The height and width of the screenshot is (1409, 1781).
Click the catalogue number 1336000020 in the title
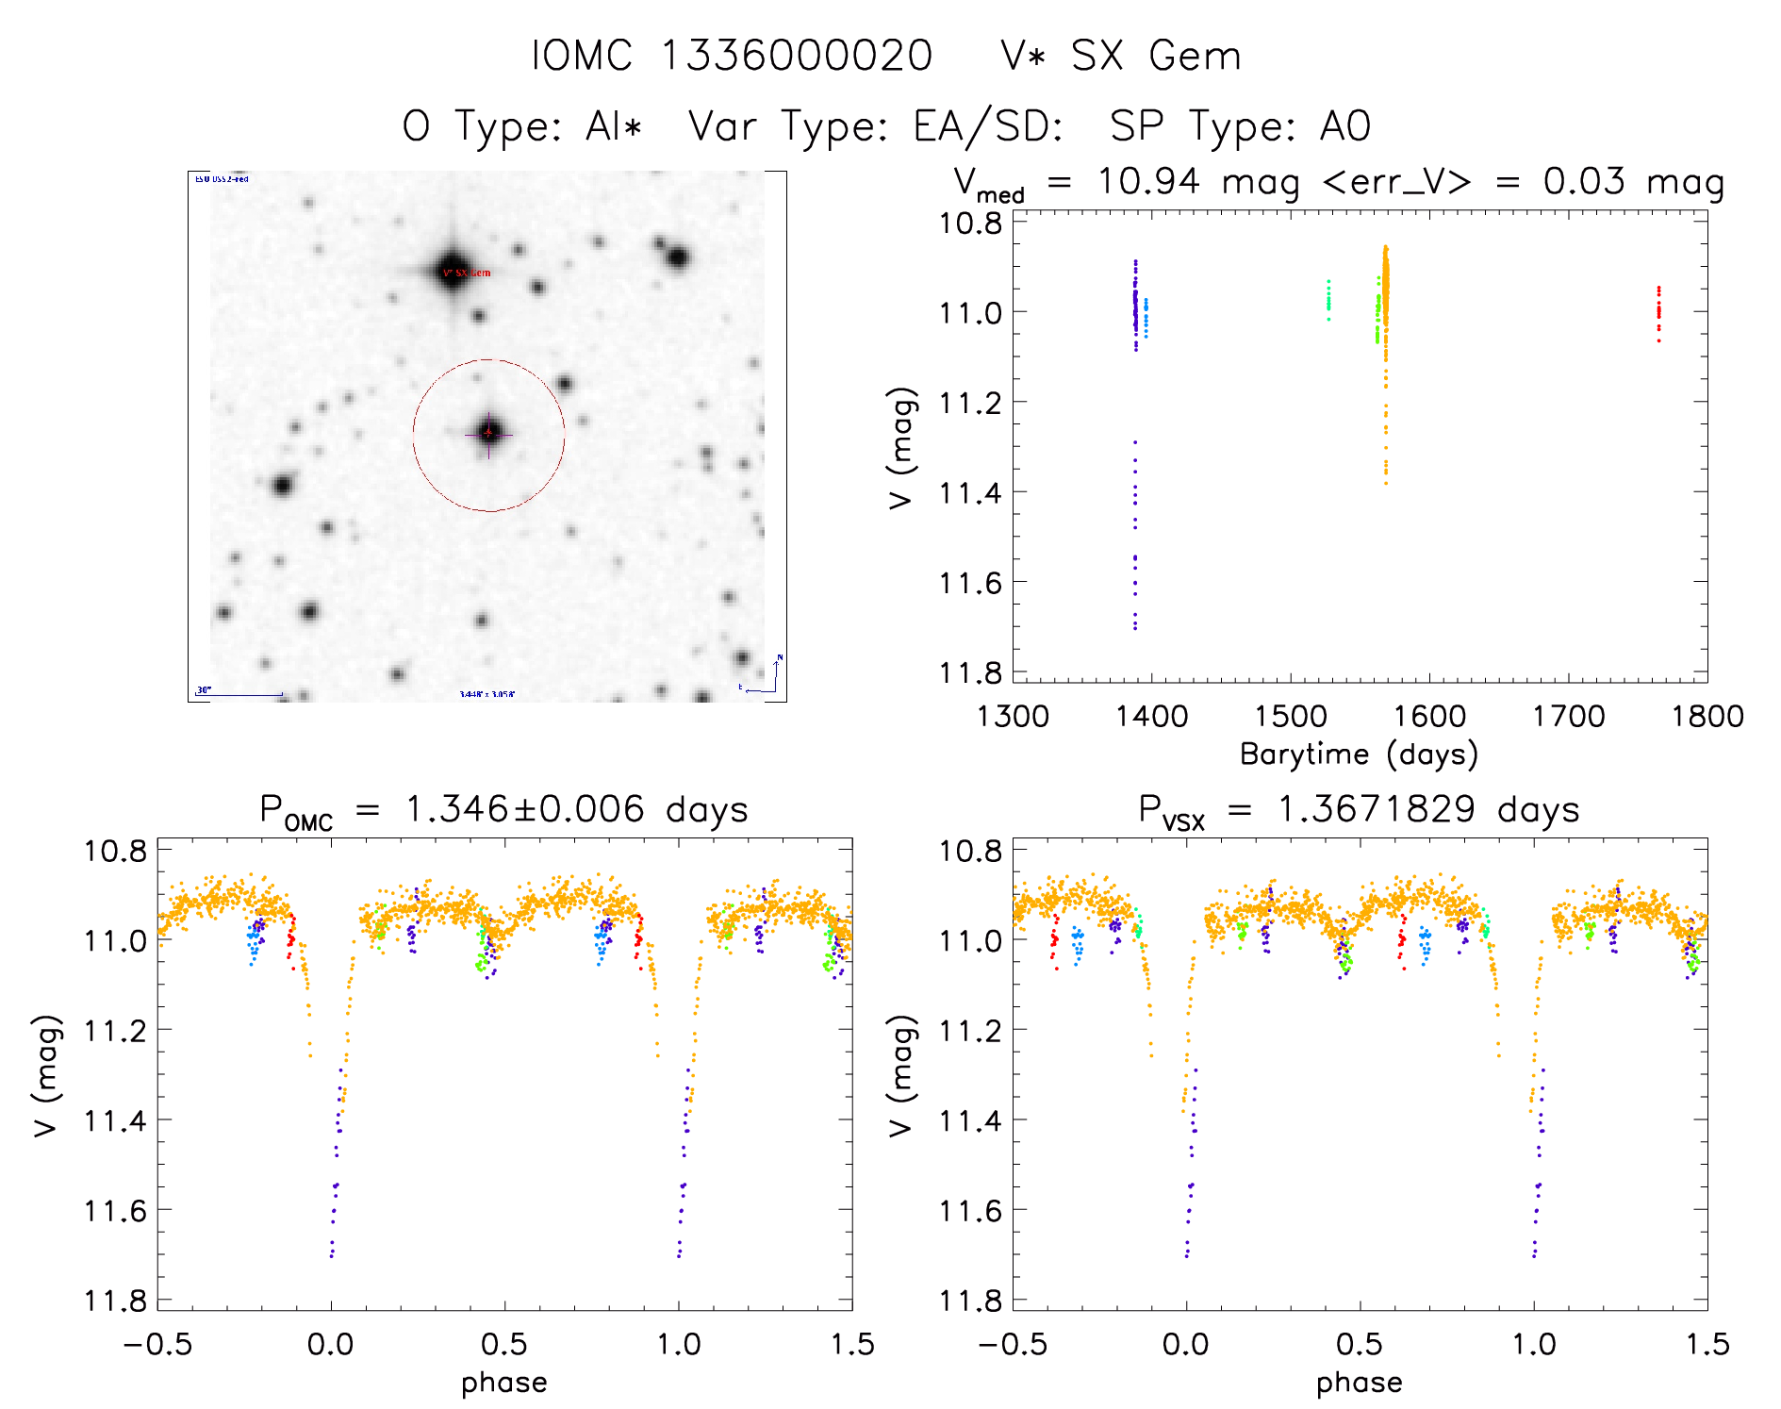[797, 56]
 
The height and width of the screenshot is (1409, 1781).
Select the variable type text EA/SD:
[989, 126]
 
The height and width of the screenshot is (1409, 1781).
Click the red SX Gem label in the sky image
[469, 274]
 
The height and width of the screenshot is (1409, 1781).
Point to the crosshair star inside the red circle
[488, 433]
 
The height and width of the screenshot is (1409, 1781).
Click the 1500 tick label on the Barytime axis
[1290, 717]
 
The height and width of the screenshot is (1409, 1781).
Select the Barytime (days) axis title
[1359, 754]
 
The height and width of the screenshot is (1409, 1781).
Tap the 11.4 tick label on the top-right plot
[970, 493]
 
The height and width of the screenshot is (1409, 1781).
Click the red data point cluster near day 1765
[1658, 312]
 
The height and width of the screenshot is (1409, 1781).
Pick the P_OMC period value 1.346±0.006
[524, 810]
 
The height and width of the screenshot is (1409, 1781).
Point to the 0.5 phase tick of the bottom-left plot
[504, 1345]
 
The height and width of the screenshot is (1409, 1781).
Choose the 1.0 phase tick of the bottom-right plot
[1534, 1345]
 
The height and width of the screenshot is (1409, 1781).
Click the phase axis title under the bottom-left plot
[503, 1383]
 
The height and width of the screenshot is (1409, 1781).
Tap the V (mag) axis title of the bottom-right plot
[900, 1075]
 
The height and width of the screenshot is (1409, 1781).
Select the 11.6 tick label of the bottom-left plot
[115, 1211]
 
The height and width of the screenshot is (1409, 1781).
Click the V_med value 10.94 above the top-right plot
[1148, 181]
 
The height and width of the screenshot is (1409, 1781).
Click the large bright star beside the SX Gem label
[452, 268]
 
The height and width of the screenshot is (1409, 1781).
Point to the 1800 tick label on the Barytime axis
[1707, 717]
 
